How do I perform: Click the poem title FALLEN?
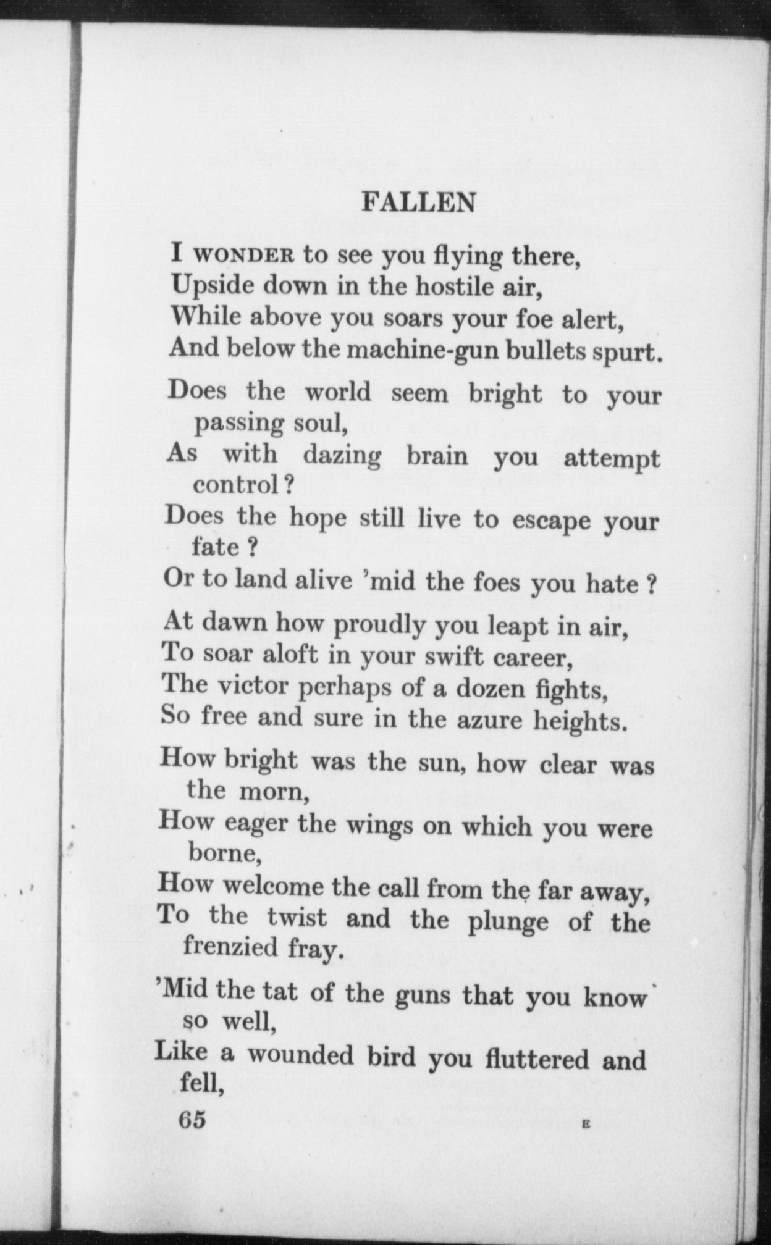pos(418,202)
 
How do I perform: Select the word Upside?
pos(208,285)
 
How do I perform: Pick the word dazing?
pos(342,456)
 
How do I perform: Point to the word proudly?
pos(379,625)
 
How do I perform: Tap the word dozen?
pos(490,689)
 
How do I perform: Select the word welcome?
pos(272,887)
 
